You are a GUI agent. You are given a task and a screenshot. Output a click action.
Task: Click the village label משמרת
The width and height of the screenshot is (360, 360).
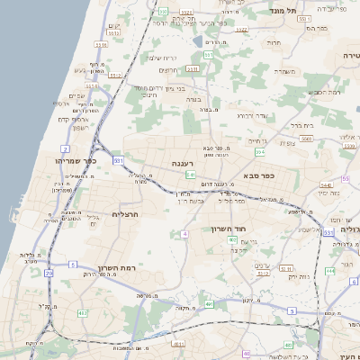[x=286, y=70]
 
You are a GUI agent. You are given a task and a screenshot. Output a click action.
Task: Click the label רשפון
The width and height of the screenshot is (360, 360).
[x=75, y=127]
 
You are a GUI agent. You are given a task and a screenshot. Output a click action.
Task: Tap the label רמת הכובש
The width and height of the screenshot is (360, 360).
[x=321, y=93]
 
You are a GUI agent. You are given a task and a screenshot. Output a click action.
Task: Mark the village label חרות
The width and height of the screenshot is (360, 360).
[x=274, y=42]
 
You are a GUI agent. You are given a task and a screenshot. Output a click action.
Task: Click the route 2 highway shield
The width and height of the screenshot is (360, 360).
[x=66, y=148]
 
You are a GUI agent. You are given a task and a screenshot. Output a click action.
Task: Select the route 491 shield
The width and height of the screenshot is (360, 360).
[x=210, y=304]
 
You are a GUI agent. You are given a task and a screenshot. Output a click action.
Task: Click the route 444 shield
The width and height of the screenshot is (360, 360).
[x=330, y=269]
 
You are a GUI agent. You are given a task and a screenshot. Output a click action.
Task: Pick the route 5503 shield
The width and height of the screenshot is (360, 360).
[x=306, y=139]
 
